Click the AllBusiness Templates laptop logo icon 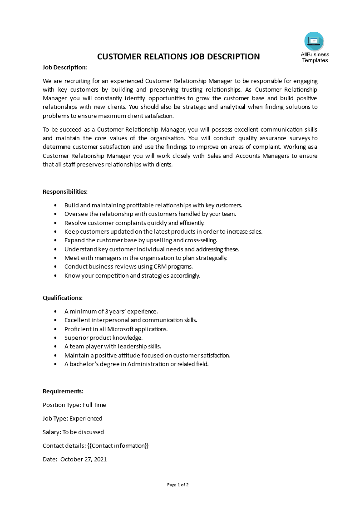pos(314,41)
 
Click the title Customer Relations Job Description pos(179,57)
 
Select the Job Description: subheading pos(64,67)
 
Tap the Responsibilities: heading pos(65,191)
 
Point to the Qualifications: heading pos(63,298)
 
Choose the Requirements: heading pos(63,391)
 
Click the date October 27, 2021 pos(84,459)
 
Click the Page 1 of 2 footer pos(178,485)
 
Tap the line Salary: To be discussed pos(73,432)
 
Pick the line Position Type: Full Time pos(74,405)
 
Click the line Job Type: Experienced pos(72,418)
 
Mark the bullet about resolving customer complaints pos(134,223)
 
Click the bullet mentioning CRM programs pos(128,266)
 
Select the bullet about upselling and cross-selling pos(141,240)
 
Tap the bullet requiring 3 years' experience pos(111,311)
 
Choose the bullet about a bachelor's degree pos(136,364)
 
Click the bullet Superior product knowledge pos(104,338)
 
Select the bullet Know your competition pos(132,275)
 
